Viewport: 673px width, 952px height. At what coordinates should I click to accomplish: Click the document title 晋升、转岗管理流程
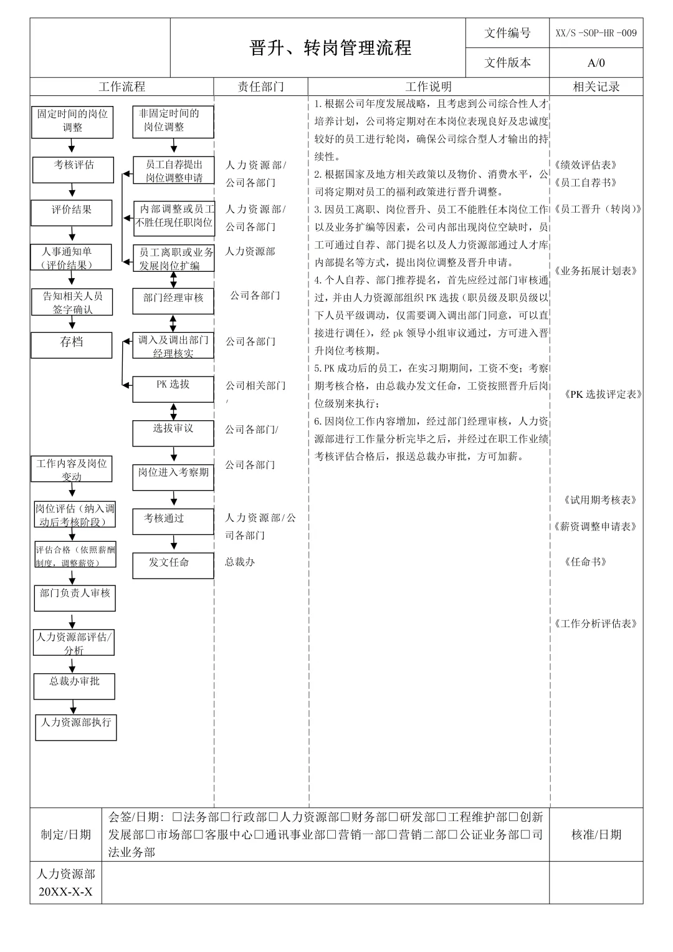(330, 48)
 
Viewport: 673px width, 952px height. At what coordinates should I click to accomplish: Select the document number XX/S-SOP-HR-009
(596, 33)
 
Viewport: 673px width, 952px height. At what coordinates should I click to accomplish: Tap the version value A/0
(596, 63)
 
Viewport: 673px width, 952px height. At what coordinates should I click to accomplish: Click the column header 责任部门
(260, 87)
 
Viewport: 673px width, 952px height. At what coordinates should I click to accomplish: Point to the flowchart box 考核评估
(73, 170)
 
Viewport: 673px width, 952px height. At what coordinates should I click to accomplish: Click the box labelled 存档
(72, 345)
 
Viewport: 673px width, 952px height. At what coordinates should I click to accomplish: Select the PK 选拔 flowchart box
(173, 389)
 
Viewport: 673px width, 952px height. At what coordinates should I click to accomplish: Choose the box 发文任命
(173, 565)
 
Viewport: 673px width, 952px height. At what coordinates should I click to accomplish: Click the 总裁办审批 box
(74, 686)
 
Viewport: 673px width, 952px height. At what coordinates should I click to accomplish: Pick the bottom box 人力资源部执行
(76, 728)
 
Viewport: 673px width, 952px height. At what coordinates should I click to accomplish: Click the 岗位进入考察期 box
(173, 477)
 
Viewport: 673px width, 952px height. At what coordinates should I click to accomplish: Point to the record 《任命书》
(585, 562)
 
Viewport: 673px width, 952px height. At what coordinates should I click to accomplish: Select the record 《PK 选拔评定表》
(603, 395)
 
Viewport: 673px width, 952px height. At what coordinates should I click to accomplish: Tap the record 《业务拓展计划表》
(595, 271)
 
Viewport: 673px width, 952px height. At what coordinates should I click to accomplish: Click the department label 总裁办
(240, 562)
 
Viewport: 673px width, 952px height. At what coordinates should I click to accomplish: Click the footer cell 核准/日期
(596, 835)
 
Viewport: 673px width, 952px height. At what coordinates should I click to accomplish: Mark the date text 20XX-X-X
(65, 892)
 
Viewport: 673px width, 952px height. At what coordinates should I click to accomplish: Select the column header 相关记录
(596, 87)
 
